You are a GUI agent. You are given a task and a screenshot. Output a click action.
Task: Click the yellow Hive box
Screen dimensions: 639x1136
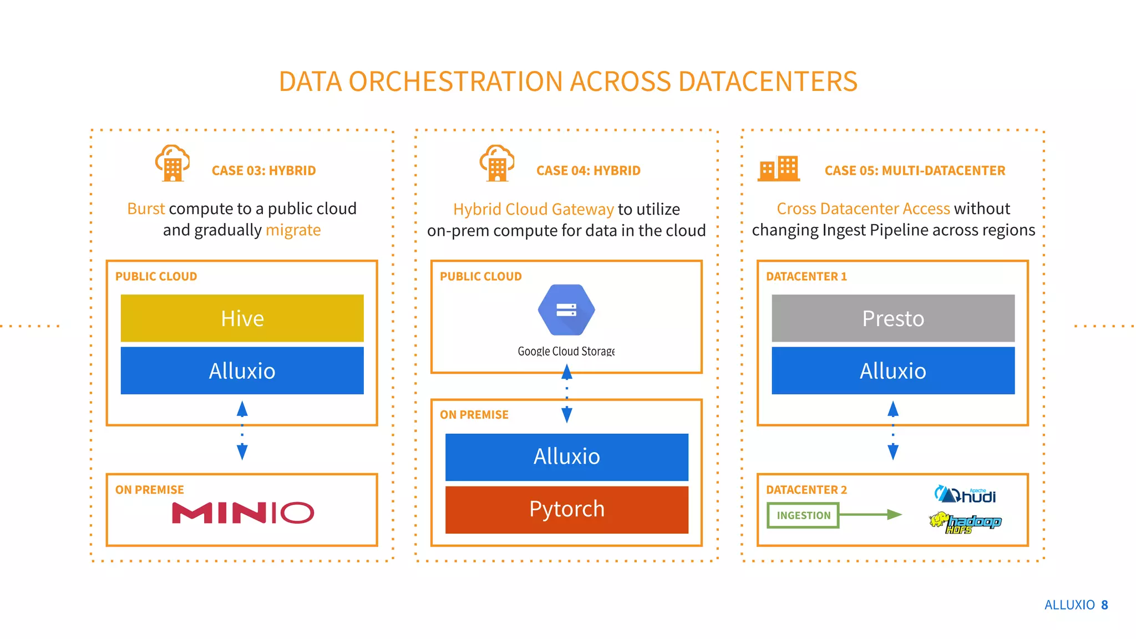pos(242,318)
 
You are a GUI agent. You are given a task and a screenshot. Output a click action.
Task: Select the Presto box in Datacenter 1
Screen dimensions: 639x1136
pos(892,318)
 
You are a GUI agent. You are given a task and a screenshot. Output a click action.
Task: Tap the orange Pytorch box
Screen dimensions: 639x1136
pos(566,509)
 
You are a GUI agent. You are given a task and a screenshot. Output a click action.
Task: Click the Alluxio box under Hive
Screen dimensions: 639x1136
pos(242,371)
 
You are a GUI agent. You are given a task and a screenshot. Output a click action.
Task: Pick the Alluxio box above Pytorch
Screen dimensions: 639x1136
pos(566,457)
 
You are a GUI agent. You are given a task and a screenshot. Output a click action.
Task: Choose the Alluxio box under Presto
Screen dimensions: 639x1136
pos(892,371)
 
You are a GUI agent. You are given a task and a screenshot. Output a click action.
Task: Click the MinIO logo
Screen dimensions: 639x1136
pos(243,513)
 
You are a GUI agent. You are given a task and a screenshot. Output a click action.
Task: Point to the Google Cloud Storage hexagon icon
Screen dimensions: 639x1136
pos(566,310)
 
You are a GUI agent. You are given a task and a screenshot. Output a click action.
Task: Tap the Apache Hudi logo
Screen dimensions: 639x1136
pos(965,494)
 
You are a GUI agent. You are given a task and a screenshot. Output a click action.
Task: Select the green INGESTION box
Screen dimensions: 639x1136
pos(803,515)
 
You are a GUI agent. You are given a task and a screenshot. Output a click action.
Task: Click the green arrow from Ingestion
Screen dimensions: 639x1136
pos(871,515)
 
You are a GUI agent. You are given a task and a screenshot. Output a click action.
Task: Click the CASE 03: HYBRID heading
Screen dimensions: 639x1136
pos(263,171)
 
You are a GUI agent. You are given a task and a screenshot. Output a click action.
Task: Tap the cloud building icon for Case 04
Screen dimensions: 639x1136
pos(497,164)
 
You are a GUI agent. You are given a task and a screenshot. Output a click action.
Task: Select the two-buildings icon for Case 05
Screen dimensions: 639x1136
pos(779,169)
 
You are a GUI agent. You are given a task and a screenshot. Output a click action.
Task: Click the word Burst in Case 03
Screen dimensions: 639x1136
pos(146,209)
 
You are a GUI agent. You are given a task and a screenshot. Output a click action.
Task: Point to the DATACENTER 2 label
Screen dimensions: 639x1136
pos(806,490)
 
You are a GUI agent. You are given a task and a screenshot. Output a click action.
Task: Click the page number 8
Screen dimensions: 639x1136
pos(1104,605)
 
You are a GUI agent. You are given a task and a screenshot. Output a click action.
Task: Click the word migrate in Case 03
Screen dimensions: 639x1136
pos(293,230)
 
